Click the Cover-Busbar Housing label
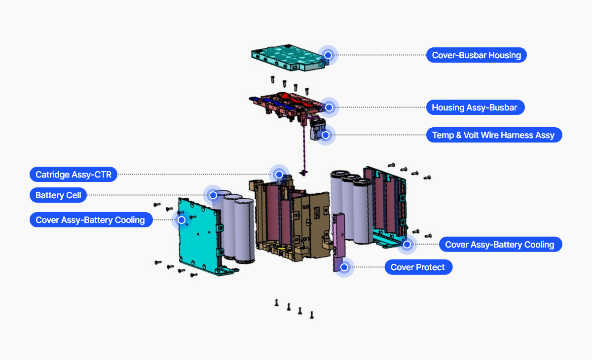coord(476,55)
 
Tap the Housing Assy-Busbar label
coord(475,107)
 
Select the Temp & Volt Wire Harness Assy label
coord(493,135)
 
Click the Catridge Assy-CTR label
coord(74,174)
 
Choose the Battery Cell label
coord(58,195)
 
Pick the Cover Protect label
coord(418,267)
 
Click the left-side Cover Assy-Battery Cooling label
coord(90,220)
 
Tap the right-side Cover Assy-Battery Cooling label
coord(500,244)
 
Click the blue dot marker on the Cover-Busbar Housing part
coord(328,55)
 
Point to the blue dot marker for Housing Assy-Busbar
coord(329,107)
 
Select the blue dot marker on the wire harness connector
coord(326,135)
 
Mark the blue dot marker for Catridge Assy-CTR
coord(279,174)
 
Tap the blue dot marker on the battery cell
coord(213,195)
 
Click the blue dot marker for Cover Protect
coord(344,267)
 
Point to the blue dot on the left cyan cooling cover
coord(182,220)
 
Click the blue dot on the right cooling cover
coord(407,244)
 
